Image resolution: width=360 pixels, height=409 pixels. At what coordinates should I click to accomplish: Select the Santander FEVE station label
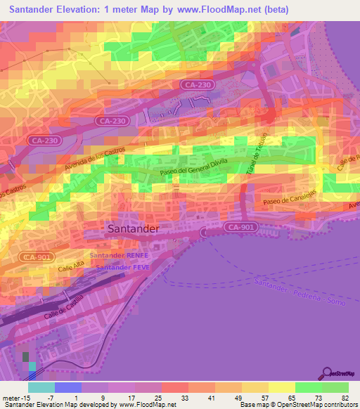pos(122,268)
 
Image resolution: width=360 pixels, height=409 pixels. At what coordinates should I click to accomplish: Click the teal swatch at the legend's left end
pos(41,387)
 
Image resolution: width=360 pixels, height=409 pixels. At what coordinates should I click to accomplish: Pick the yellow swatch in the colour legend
pos(282,387)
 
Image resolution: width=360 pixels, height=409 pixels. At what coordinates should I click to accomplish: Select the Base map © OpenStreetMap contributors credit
pos(297,405)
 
